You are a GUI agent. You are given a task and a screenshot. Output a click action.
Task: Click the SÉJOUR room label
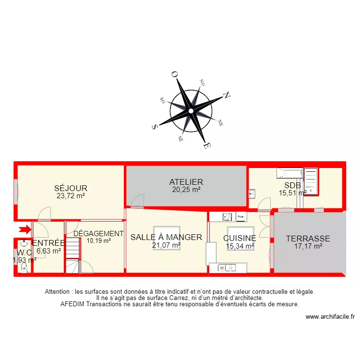pyautogui.click(x=71, y=188)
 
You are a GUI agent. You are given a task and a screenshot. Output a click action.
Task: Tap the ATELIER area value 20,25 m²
pyautogui.click(x=186, y=190)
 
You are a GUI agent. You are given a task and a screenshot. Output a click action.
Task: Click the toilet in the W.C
pyautogui.click(x=24, y=268)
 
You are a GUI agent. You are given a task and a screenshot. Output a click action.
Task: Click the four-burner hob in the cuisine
pyautogui.click(x=228, y=216)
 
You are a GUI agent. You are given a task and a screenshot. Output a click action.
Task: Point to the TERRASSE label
pyautogui.click(x=308, y=238)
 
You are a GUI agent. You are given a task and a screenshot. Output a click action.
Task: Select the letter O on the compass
pyautogui.click(x=174, y=74)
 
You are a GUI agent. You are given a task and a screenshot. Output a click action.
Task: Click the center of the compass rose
pyautogui.click(x=191, y=111)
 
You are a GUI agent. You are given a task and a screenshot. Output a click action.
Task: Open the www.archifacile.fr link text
pyautogui.click(x=330, y=317)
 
